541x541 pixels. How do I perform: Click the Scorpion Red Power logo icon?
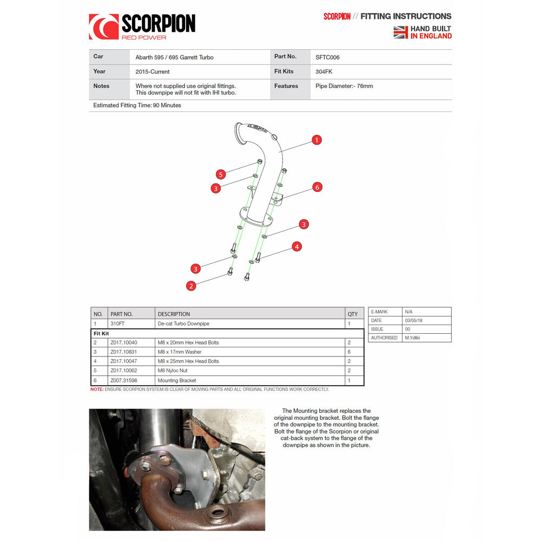coord(103,27)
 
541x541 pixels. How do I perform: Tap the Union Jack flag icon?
coord(400,32)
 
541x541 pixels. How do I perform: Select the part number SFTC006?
coord(327,57)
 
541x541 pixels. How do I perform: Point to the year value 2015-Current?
coord(153,71)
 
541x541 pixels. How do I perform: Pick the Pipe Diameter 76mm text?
coord(344,86)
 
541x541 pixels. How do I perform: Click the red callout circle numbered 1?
coord(317,140)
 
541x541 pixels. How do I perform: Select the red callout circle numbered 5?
coord(220,174)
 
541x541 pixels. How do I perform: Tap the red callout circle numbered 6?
coord(318,187)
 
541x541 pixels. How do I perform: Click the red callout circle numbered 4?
coord(296,247)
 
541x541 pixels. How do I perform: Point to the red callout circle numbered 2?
coord(191,286)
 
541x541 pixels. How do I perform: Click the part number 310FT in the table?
coord(117,324)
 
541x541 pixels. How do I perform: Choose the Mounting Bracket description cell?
coord(176,380)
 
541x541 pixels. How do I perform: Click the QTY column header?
coord(353,314)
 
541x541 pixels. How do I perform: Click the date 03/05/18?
coord(412,321)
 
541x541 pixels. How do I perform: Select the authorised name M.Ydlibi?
coord(414,338)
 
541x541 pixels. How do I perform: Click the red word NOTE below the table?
coord(96,389)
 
